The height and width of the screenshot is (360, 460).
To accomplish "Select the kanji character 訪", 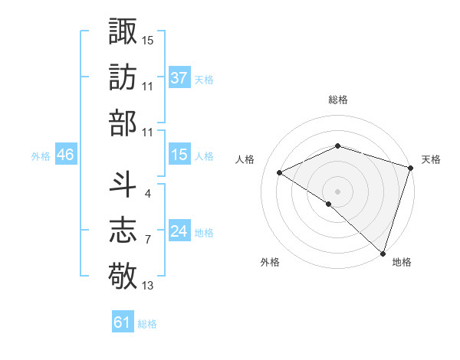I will click(123, 77).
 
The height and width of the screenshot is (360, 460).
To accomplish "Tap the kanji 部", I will click(123, 123).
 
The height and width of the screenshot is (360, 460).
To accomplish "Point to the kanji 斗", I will click(123, 185).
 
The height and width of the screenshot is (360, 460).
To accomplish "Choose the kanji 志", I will click(123, 230).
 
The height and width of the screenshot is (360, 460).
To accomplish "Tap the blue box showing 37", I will click(179, 77).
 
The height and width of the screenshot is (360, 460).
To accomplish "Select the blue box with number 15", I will click(179, 155).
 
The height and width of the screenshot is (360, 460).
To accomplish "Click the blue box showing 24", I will click(179, 231).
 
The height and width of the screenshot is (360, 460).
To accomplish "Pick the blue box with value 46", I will click(65, 155).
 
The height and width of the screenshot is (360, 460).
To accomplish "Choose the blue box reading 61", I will click(123, 322).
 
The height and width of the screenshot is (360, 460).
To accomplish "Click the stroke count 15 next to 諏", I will click(147, 39).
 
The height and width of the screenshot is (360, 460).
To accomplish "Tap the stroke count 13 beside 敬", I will click(147, 286).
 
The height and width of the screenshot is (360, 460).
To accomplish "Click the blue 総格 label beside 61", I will click(147, 324).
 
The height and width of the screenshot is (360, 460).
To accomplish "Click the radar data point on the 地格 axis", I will click(383, 252).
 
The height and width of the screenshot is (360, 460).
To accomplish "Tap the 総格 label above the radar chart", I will click(337, 100).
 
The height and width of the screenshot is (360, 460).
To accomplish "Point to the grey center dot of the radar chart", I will click(337, 191).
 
